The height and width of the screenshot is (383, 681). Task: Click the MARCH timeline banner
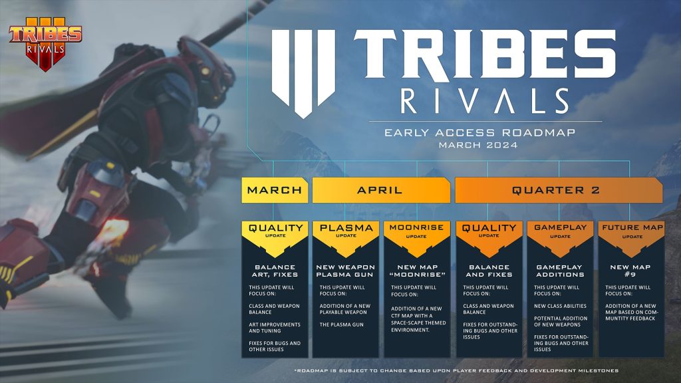pos(275,190)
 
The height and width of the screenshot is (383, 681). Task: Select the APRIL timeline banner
pos(380,190)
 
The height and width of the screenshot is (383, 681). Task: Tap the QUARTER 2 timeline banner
pos(557,190)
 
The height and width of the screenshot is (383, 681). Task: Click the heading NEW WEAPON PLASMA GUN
pos(346,270)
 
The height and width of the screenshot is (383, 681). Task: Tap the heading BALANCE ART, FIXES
pos(275,270)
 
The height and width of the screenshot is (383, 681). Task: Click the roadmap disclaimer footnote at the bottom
pos(456,370)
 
